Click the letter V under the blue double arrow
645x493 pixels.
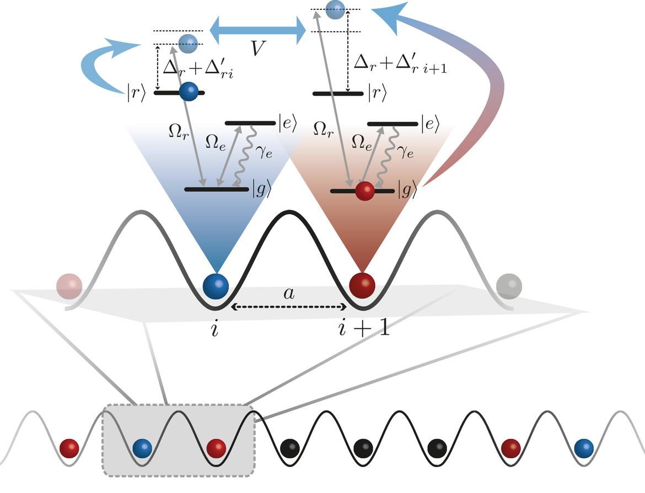click(258, 48)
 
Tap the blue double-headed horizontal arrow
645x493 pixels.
click(258, 30)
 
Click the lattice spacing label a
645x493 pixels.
click(289, 293)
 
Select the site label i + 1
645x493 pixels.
click(364, 327)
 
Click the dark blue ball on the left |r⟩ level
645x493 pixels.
click(189, 91)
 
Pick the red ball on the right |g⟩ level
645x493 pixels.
click(365, 191)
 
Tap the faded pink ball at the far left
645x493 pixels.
click(69, 286)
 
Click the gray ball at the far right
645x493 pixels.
click(509, 286)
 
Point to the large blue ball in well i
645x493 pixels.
click(216, 286)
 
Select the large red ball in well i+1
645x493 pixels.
click(362, 285)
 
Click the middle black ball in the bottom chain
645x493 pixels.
click(364, 448)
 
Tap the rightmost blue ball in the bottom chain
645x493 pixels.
click(584, 448)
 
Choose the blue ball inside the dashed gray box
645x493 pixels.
click(143, 448)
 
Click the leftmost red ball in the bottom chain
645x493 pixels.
click(69, 448)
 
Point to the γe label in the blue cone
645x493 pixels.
click(264, 152)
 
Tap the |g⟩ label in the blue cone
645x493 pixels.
click(262, 189)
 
